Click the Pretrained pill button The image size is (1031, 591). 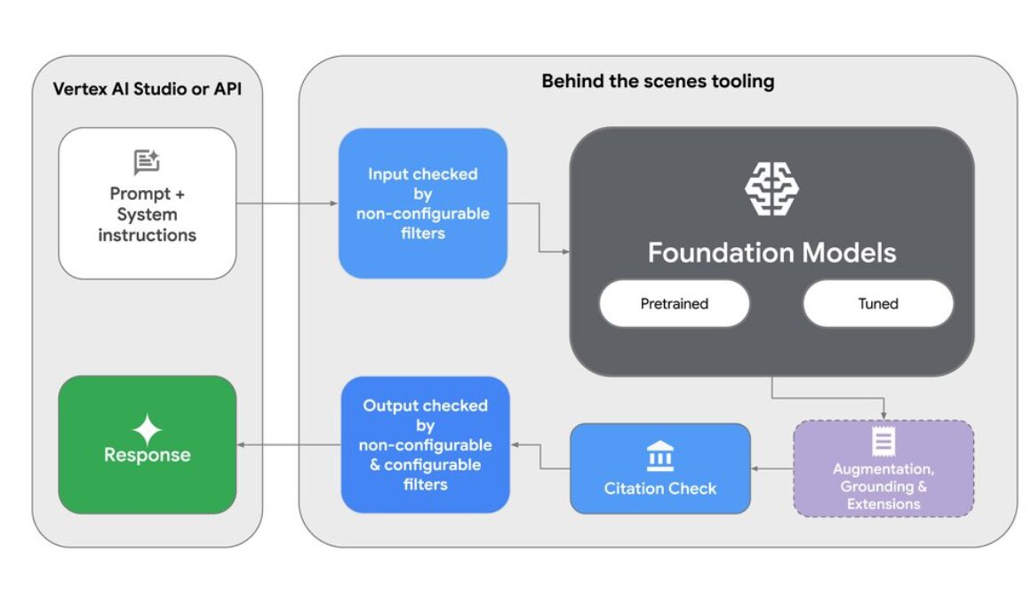[674, 304]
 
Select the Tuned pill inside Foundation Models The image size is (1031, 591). [877, 304]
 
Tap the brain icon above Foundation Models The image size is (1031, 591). [771, 188]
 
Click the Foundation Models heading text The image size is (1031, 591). [771, 252]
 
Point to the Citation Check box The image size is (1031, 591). [659, 468]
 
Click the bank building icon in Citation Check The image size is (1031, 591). [659, 455]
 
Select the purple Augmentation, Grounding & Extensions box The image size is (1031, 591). [883, 468]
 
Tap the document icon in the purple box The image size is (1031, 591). [883, 442]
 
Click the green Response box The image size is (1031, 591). [148, 443]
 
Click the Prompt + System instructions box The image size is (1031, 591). [148, 204]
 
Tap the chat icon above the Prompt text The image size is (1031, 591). [147, 162]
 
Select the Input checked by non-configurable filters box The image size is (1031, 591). [422, 204]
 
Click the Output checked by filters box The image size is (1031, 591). [425, 444]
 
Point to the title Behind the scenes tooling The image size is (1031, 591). [658, 82]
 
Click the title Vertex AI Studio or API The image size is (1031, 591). [147, 89]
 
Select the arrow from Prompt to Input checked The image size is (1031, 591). [286, 204]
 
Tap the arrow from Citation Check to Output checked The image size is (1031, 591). [539, 456]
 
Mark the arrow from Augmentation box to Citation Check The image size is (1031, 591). [771, 468]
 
